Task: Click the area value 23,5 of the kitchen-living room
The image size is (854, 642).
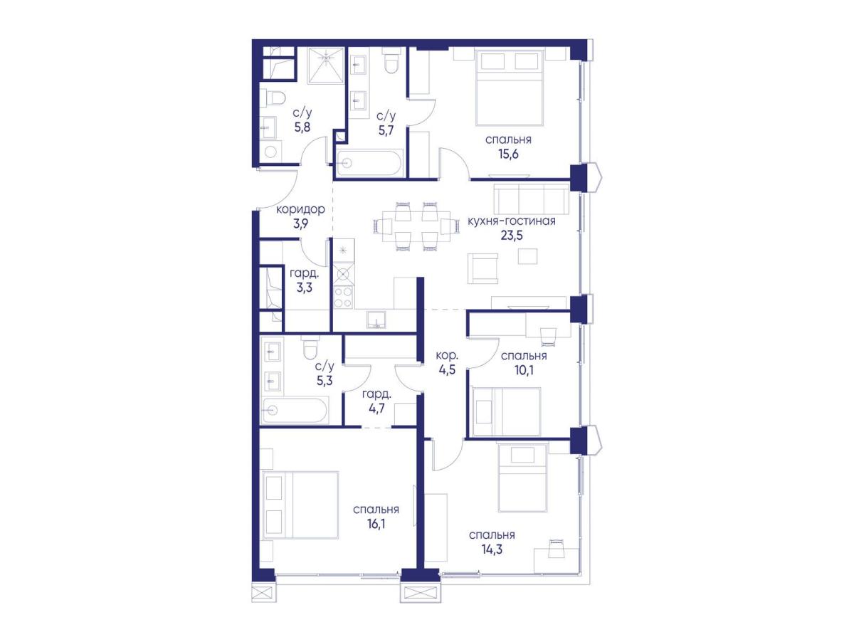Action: coord(511,236)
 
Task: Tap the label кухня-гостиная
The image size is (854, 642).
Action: coord(511,221)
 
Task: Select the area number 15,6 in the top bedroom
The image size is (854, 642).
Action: coord(508,154)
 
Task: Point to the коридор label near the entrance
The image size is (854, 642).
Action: coord(300,210)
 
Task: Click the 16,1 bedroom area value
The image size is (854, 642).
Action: coord(376,524)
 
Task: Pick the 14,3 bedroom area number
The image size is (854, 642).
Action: coord(492,549)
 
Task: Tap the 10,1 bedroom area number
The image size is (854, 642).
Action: coord(524,370)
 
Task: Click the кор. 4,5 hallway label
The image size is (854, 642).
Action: coord(447,362)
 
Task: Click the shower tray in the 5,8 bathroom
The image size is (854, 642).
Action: coord(327,65)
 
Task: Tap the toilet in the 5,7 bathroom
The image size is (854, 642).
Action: coord(391,60)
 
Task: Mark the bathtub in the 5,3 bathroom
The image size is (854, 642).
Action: coord(295,411)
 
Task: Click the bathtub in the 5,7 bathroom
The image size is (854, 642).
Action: coord(369,164)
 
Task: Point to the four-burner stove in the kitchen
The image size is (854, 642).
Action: coord(343,298)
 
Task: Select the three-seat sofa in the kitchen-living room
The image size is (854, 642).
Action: coord(532,199)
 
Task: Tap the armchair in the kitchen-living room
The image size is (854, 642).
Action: coord(483,269)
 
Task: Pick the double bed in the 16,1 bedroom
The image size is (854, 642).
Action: coord(301,505)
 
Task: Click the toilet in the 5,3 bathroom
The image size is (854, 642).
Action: coord(310,347)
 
